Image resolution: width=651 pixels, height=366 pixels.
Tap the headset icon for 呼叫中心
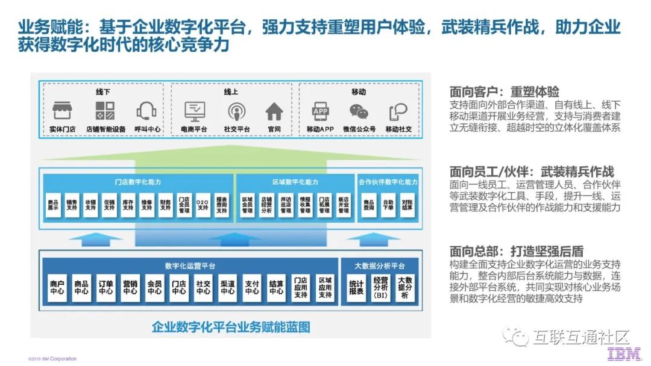(146, 111)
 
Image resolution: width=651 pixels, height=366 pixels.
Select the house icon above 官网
(274, 111)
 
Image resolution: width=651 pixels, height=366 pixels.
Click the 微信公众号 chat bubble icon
(359, 111)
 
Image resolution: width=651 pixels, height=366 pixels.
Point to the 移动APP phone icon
(320, 111)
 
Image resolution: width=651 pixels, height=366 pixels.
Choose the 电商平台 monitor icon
(195, 111)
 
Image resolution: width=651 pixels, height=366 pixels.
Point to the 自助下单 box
(388, 205)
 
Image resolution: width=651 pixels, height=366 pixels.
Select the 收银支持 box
(90, 205)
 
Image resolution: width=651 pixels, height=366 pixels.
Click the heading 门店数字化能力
(138, 182)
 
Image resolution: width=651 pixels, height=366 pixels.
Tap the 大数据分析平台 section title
(380, 265)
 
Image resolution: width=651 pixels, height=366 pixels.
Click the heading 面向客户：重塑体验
(504, 92)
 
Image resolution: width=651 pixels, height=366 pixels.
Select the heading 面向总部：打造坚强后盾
(516, 251)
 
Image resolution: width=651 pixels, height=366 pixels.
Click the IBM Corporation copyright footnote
(52, 359)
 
